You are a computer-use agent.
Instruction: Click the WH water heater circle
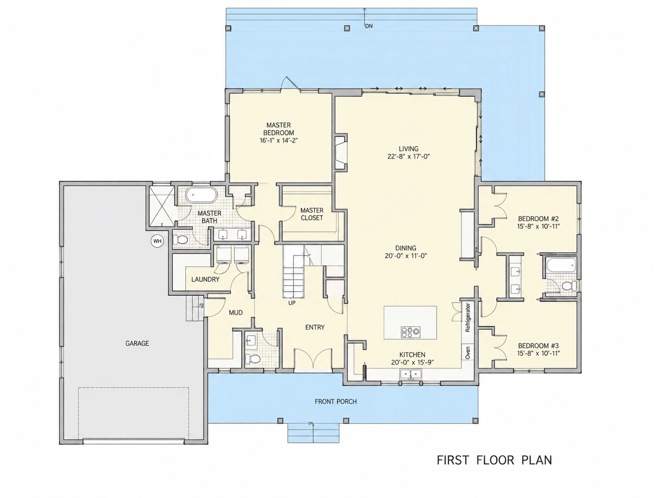click(x=157, y=241)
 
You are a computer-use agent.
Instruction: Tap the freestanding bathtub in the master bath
click(x=201, y=195)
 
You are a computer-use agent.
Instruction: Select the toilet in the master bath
click(x=180, y=240)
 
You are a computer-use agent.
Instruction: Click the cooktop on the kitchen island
click(x=410, y=332)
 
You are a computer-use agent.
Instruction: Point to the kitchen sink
click(x=411, y=374)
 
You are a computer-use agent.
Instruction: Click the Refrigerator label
click(x=468, y=317)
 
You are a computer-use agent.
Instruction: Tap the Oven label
click(x=468, y=353)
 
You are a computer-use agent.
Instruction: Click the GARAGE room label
click(x=137, y=343)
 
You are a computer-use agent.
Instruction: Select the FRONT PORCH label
click(x=336, y=402)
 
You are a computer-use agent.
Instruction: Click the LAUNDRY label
click(x=205, y=279)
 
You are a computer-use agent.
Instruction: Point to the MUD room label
click(x=236, y=313)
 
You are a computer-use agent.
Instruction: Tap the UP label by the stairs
click(x=292, y=303)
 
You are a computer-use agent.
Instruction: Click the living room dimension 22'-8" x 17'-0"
click(x=409, y=157)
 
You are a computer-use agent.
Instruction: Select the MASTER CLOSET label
click(x=311, y=214)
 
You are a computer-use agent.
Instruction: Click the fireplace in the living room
click(x=341, y=153)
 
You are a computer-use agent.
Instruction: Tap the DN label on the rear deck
click(x=369, y=26)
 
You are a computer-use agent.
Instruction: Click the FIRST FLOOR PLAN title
click(x=494, y=460)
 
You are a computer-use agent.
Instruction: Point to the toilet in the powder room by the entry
click(x=253, y=359)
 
